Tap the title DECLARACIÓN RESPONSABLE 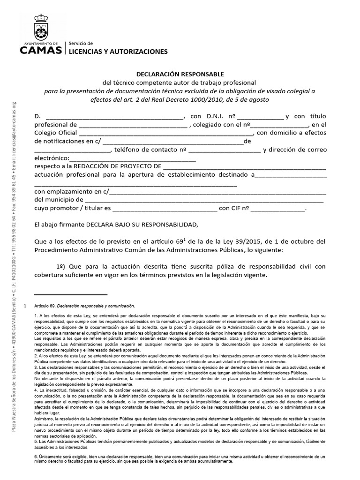[180, 74]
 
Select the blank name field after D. [114, 117]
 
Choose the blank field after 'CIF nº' [278, 210]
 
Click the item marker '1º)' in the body [61, 266]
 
